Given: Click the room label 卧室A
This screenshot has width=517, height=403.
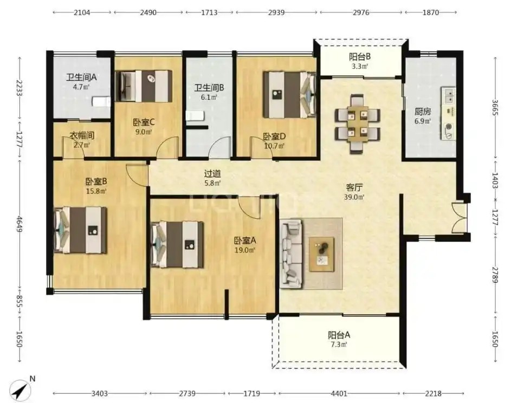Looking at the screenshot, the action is point(245,240).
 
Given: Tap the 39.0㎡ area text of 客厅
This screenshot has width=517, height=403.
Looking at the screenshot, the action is point(354,197).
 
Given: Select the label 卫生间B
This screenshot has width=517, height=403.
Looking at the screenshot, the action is point(209,88).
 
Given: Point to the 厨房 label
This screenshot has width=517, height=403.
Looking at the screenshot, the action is point(422,112).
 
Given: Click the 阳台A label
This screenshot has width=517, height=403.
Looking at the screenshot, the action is point(339,335).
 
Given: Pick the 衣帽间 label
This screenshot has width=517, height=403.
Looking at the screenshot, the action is point(82,135).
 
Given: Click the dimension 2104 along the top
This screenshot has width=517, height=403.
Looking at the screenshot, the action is point(82,12).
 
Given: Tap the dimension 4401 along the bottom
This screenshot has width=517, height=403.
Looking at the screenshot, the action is point(339,393).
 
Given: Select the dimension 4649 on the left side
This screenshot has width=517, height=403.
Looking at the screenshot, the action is point(19,224).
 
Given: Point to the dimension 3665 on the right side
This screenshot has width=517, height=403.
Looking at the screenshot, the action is point(495,107).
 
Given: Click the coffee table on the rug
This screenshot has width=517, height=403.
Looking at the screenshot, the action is point(321,255).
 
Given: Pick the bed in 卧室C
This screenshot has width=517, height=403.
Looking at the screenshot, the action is point(144,86).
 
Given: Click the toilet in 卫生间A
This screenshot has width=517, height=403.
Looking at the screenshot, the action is point(101,102).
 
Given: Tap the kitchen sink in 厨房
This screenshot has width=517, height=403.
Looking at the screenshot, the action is point(449,96).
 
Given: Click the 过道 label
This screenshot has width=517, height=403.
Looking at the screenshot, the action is point(212,173).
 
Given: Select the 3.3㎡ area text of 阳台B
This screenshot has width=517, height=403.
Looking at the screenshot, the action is point(360,66).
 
